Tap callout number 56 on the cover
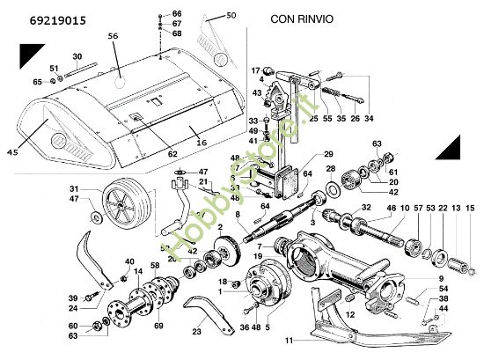point(113,36)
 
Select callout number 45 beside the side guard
point(12,152)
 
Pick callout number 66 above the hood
point(176,14)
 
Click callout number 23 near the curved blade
point(197,332)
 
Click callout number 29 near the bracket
point(304,154)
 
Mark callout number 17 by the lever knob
point(257,70)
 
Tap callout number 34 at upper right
point(368,118)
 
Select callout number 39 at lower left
point(74,298)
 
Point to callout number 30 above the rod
point(77,56)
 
